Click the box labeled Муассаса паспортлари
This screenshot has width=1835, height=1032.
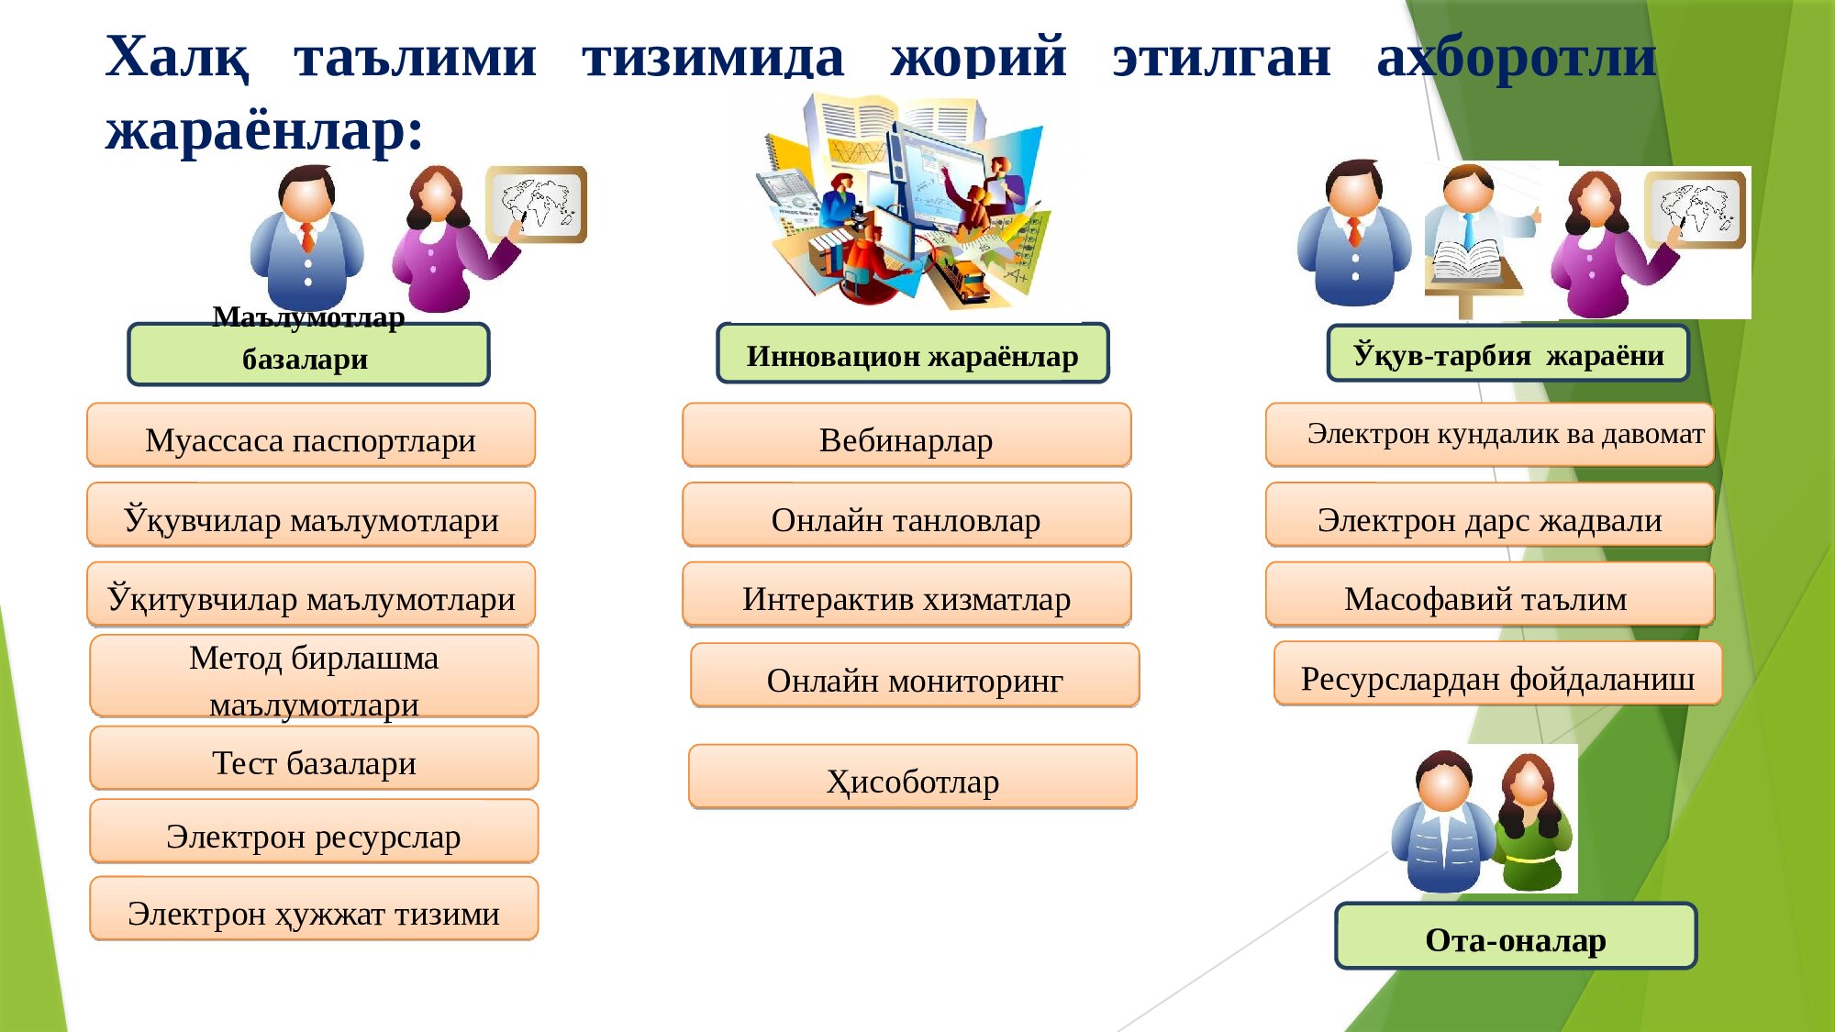click(311, 436)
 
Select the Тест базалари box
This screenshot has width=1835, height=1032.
click(314, 759)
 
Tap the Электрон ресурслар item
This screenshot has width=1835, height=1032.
click(314, 832)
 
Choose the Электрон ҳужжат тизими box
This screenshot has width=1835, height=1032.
click(314, 909)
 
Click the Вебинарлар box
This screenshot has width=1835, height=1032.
click(906, 436)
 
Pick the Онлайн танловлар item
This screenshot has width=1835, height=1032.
click(906, 516)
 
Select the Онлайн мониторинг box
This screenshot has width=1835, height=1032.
click(915, 676)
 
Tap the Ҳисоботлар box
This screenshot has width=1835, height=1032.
click(913, 777)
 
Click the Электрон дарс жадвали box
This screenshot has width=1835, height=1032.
click(1490, 516)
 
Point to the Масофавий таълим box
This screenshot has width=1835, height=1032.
click(1490, 594)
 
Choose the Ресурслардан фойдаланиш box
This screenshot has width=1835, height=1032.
click(1498, 674)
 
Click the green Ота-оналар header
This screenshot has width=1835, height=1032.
click(1516, 937)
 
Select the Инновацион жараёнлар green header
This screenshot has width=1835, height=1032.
click(913, 353)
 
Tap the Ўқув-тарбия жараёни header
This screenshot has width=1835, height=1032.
click(1508, 353)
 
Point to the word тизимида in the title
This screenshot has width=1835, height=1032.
click(713, 57)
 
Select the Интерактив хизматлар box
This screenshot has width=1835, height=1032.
click(906, 594)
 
